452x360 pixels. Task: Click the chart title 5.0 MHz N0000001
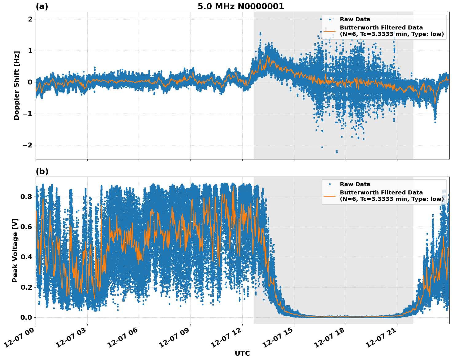tap(241, 6)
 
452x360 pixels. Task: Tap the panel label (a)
tap(42, 6)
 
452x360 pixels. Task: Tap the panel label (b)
tap(42, 171)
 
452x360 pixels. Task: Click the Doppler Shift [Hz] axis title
tap(17, 85)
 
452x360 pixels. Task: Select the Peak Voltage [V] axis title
tap(15, 250)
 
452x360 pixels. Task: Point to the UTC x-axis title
tap(242, 353)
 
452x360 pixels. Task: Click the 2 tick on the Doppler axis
tap(30, 19)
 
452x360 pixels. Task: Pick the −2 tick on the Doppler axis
tap(27, 145)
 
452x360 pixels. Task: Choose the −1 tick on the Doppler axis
tap(27, 114)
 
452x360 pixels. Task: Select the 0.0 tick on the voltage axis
tap(26, 317)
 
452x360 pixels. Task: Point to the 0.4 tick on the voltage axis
tap(26, 257)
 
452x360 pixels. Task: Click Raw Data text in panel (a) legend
tap(355, 19)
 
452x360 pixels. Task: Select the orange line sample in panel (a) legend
tap(330, 31)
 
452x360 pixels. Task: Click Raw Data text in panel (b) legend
tap(355, 184)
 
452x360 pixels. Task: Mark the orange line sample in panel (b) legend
tap(330, 196)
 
